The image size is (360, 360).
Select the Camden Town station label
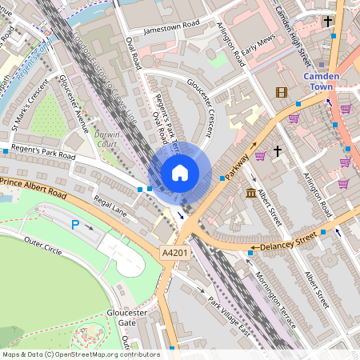point(323,82)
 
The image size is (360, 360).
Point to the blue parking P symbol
point(76,226)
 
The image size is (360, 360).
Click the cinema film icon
point(281,92)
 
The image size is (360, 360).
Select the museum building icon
point(251,194)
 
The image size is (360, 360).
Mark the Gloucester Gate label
point(127,317)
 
